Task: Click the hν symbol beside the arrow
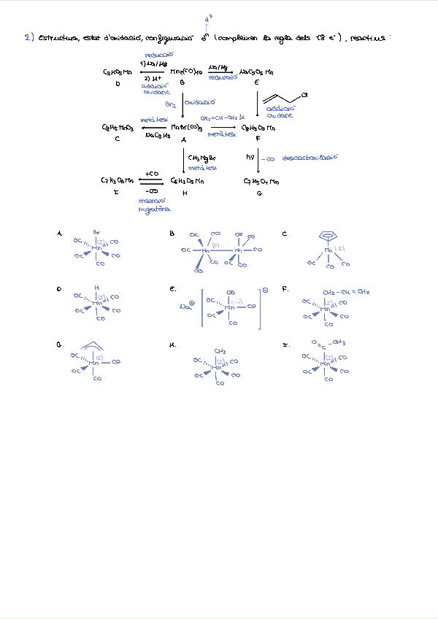(250, 157)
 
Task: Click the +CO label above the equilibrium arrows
(152, 174)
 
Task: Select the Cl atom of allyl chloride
(304, 95)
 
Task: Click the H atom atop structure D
(96, 288)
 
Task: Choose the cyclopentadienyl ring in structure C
(330, 236)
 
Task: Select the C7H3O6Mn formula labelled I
(117, 180)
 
